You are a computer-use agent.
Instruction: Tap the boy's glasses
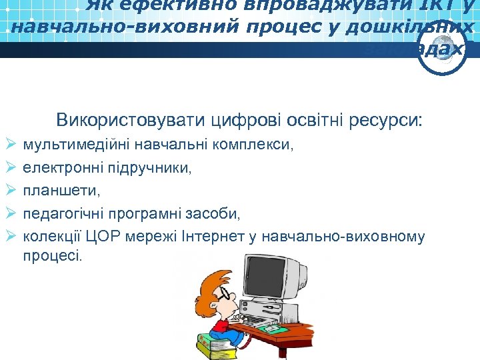pos(207,294)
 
